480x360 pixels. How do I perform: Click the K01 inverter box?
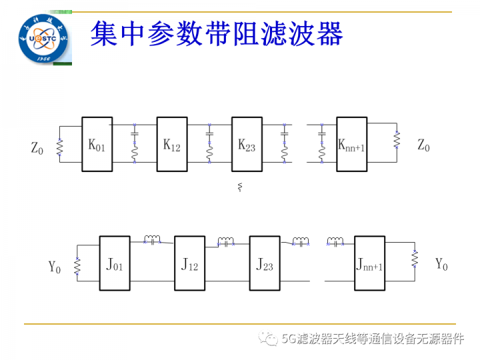pos(96,144)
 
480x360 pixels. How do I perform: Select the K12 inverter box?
pos(172,144)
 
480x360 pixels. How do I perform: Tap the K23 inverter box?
pos(247,144)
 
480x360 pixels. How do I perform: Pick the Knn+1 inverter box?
pos(351,144)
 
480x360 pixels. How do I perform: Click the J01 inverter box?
pos(115,263)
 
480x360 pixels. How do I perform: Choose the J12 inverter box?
pos(190,263)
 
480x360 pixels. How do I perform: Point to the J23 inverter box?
pos(265,263)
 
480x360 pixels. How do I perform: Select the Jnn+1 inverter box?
pos(370,263)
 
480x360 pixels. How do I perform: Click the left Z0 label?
pos(37,146)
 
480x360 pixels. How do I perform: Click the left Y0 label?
pos(55,267)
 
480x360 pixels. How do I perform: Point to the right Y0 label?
pos(442,264)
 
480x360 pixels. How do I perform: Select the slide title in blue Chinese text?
pos(216,32)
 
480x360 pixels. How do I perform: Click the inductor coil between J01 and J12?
pos(153,239)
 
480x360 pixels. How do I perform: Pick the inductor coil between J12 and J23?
pos(227,241)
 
